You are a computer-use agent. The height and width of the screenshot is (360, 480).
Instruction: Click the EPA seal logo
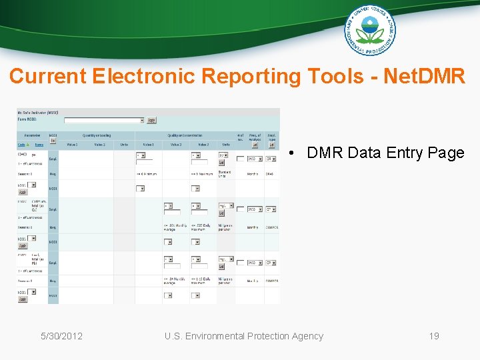[370, 30]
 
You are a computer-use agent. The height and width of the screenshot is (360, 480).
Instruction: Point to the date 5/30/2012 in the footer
[61, 336]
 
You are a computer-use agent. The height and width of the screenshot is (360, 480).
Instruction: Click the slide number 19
[434, 336]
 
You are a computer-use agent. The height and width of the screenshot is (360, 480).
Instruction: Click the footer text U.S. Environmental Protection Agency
[244, 336]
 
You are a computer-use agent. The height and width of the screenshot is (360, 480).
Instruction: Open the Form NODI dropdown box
[103, 121]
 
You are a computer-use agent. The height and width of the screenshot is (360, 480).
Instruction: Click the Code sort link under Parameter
[21, 144]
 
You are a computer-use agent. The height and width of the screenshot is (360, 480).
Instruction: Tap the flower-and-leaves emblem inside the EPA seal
[370, 30]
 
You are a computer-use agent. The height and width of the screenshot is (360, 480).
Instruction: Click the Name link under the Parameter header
[39, 144]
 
